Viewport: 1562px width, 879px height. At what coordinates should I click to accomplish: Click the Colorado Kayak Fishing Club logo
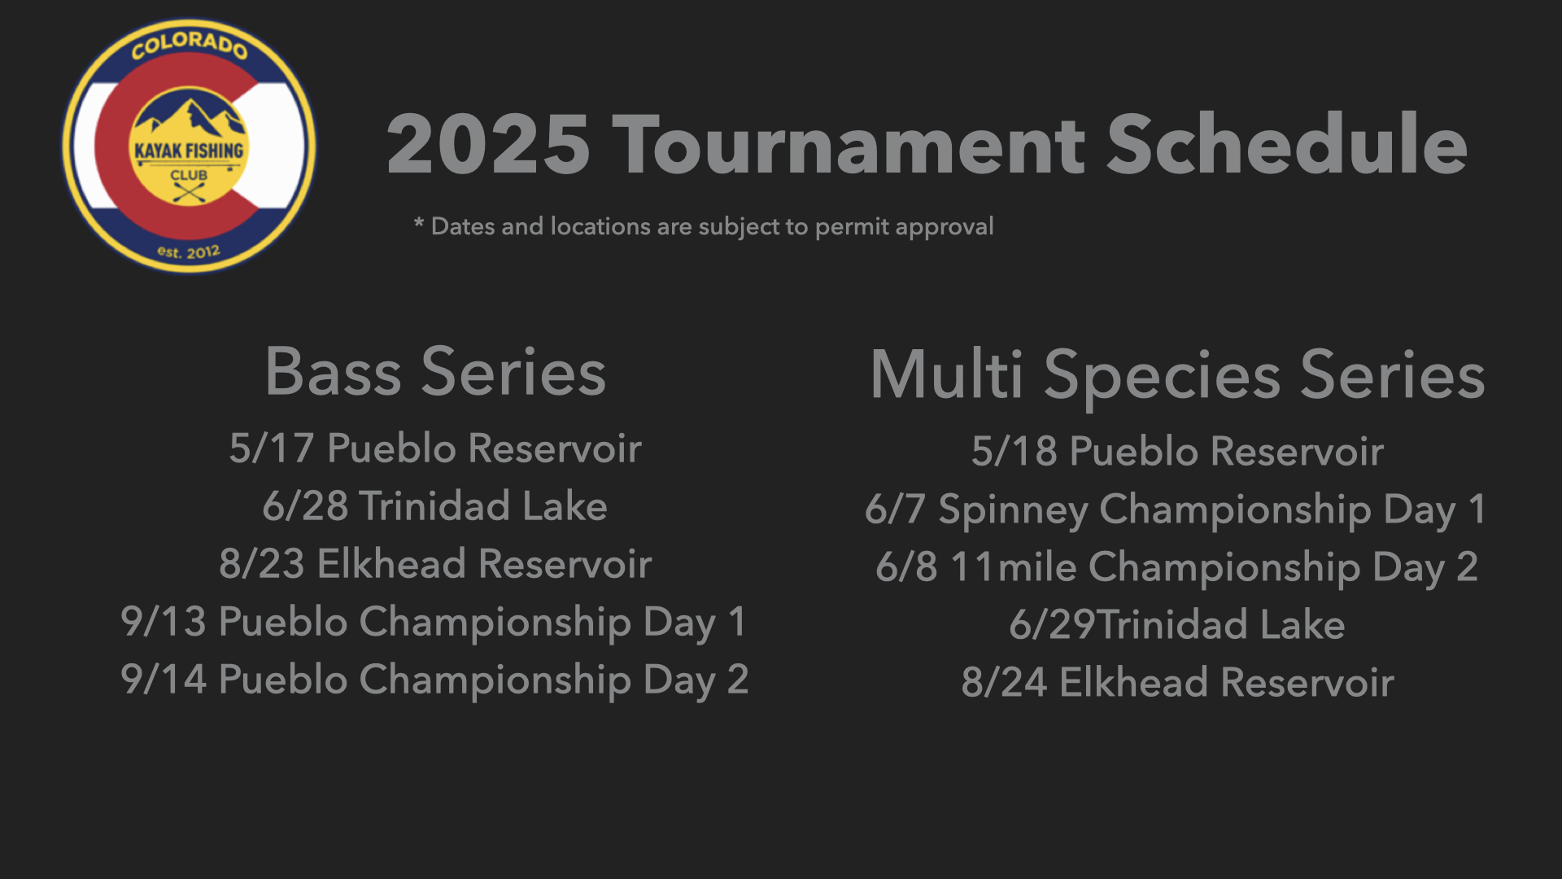pyautogui.click(x=189, y=146)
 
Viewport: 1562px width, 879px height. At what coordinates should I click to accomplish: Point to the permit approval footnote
pyautogui.click(x=705, y=226)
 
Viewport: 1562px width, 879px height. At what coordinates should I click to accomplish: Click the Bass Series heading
pyautogui.click(x=436, y=372)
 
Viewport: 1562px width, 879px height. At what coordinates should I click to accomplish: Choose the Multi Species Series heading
pyautogui.click(x=1177, y=375)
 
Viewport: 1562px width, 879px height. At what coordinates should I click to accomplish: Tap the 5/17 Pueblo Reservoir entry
pyautogui.click(x=435, y=448)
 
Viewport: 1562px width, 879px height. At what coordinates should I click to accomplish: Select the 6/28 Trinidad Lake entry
pyautogui.click(x=435, y=506)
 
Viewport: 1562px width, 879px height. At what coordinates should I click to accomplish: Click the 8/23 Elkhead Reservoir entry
pyautogui.click(x=435, y=564)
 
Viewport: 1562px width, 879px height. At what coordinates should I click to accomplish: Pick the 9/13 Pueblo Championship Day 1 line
pyautogui.click(x=434, y=623)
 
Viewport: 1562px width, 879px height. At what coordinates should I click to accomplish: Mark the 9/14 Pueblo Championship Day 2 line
pyautogui.click(x=434, y=680)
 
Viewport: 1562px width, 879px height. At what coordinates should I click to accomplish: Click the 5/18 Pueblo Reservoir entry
pyautogui.click(x=1177, y=452)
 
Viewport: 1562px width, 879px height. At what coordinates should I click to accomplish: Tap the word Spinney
pyautogui.click(x=1013, y=511)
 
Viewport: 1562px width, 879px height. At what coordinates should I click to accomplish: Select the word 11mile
pyautogui.click(x=1014, y=567)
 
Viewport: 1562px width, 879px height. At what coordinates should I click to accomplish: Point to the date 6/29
pyautogui.click(x=1053, y=625)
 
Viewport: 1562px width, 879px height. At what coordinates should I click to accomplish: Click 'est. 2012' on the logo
pyautogui.click(x=189, y=252)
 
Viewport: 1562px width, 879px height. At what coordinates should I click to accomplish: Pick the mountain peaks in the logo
pyautogui.click(x=190, y=118)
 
